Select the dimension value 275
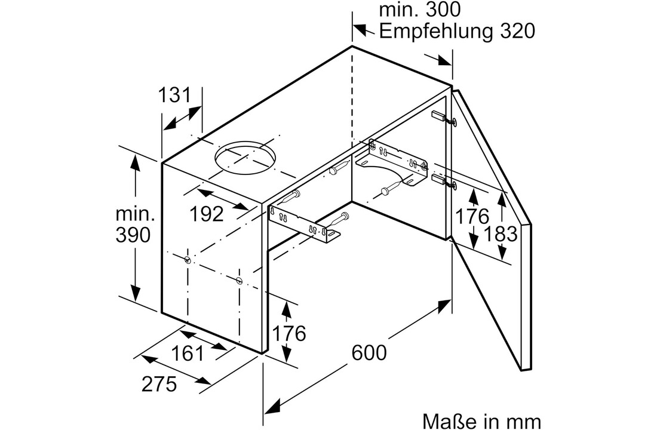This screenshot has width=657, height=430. tap(159, 384)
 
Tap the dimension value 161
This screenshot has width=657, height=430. tap(188, 353)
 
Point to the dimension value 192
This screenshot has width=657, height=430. tap(207, 214)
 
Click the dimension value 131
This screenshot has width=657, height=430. tap(175, 95)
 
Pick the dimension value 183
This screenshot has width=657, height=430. tap(501, 234)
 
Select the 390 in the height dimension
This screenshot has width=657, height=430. tap(133, 235)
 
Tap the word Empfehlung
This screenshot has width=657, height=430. tap(429, 32)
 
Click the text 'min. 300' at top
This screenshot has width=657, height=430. tap(420, 10)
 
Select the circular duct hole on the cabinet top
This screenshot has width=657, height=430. tap(245, 156)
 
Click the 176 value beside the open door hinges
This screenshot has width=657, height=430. tap(472, 216)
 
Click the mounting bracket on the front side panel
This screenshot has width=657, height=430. tap(305, 226)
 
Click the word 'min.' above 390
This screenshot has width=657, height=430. tap(135, 213)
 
